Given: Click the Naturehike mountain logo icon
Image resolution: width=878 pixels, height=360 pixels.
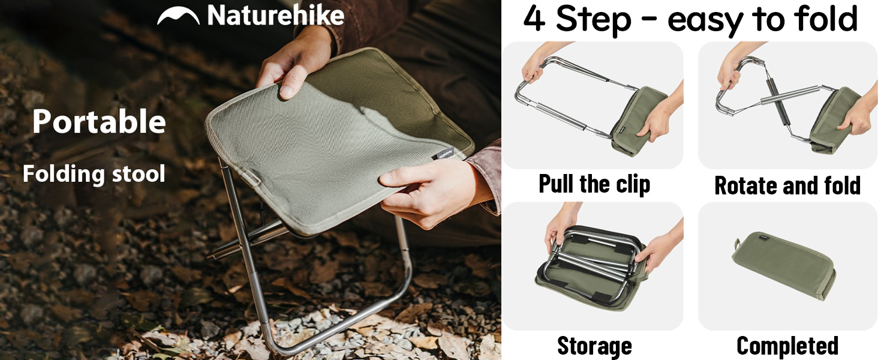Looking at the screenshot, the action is (x=178, y=16).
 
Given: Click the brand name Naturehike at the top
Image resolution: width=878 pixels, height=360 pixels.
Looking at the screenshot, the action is (x=275, y=16).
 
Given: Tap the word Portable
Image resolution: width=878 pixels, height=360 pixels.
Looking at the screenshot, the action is (x=99, y=122).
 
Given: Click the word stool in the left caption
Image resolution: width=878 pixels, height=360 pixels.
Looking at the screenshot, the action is (x=139, y=174).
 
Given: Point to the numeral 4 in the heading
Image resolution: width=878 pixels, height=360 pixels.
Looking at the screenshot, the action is (x=534, y=19).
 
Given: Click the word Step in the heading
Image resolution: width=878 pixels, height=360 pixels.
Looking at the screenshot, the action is (x=594, y=20).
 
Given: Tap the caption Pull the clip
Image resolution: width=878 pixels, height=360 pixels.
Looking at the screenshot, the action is (x=594, y=184).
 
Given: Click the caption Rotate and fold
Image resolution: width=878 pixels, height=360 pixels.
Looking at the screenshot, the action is (x=787, y=185).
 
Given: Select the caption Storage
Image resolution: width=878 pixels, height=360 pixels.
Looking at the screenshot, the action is (x=594, y=346).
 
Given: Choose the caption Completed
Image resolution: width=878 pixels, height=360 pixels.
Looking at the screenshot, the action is (x=787, y=346).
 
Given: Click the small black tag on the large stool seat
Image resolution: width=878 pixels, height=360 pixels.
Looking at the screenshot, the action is (x=443, y=153).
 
